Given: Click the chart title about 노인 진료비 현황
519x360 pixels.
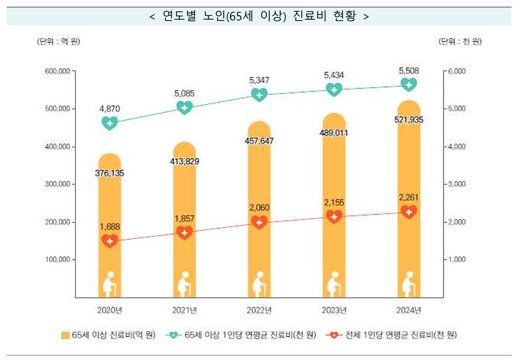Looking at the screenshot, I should (x=259, y=16).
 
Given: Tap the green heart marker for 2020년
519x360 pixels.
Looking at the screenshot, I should (x=110, y=123).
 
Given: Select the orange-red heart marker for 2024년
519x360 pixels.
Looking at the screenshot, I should (x=409, y=211).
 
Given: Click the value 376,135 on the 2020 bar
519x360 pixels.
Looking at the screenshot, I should (x=110, y=173).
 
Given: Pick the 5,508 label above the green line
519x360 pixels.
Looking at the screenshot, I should (x=409, y=70).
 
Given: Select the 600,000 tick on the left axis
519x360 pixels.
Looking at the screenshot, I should (x=57, y=71).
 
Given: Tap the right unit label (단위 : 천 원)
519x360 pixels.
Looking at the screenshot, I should (x=460, y=42).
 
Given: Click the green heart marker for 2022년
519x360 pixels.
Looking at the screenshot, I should (x=259, y=95).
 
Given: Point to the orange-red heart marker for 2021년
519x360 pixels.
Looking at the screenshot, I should (x=184, y=232).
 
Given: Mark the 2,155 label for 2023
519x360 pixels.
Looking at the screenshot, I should (x=334, y=202).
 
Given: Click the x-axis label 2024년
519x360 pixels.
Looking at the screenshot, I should (x=409, y=310).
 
